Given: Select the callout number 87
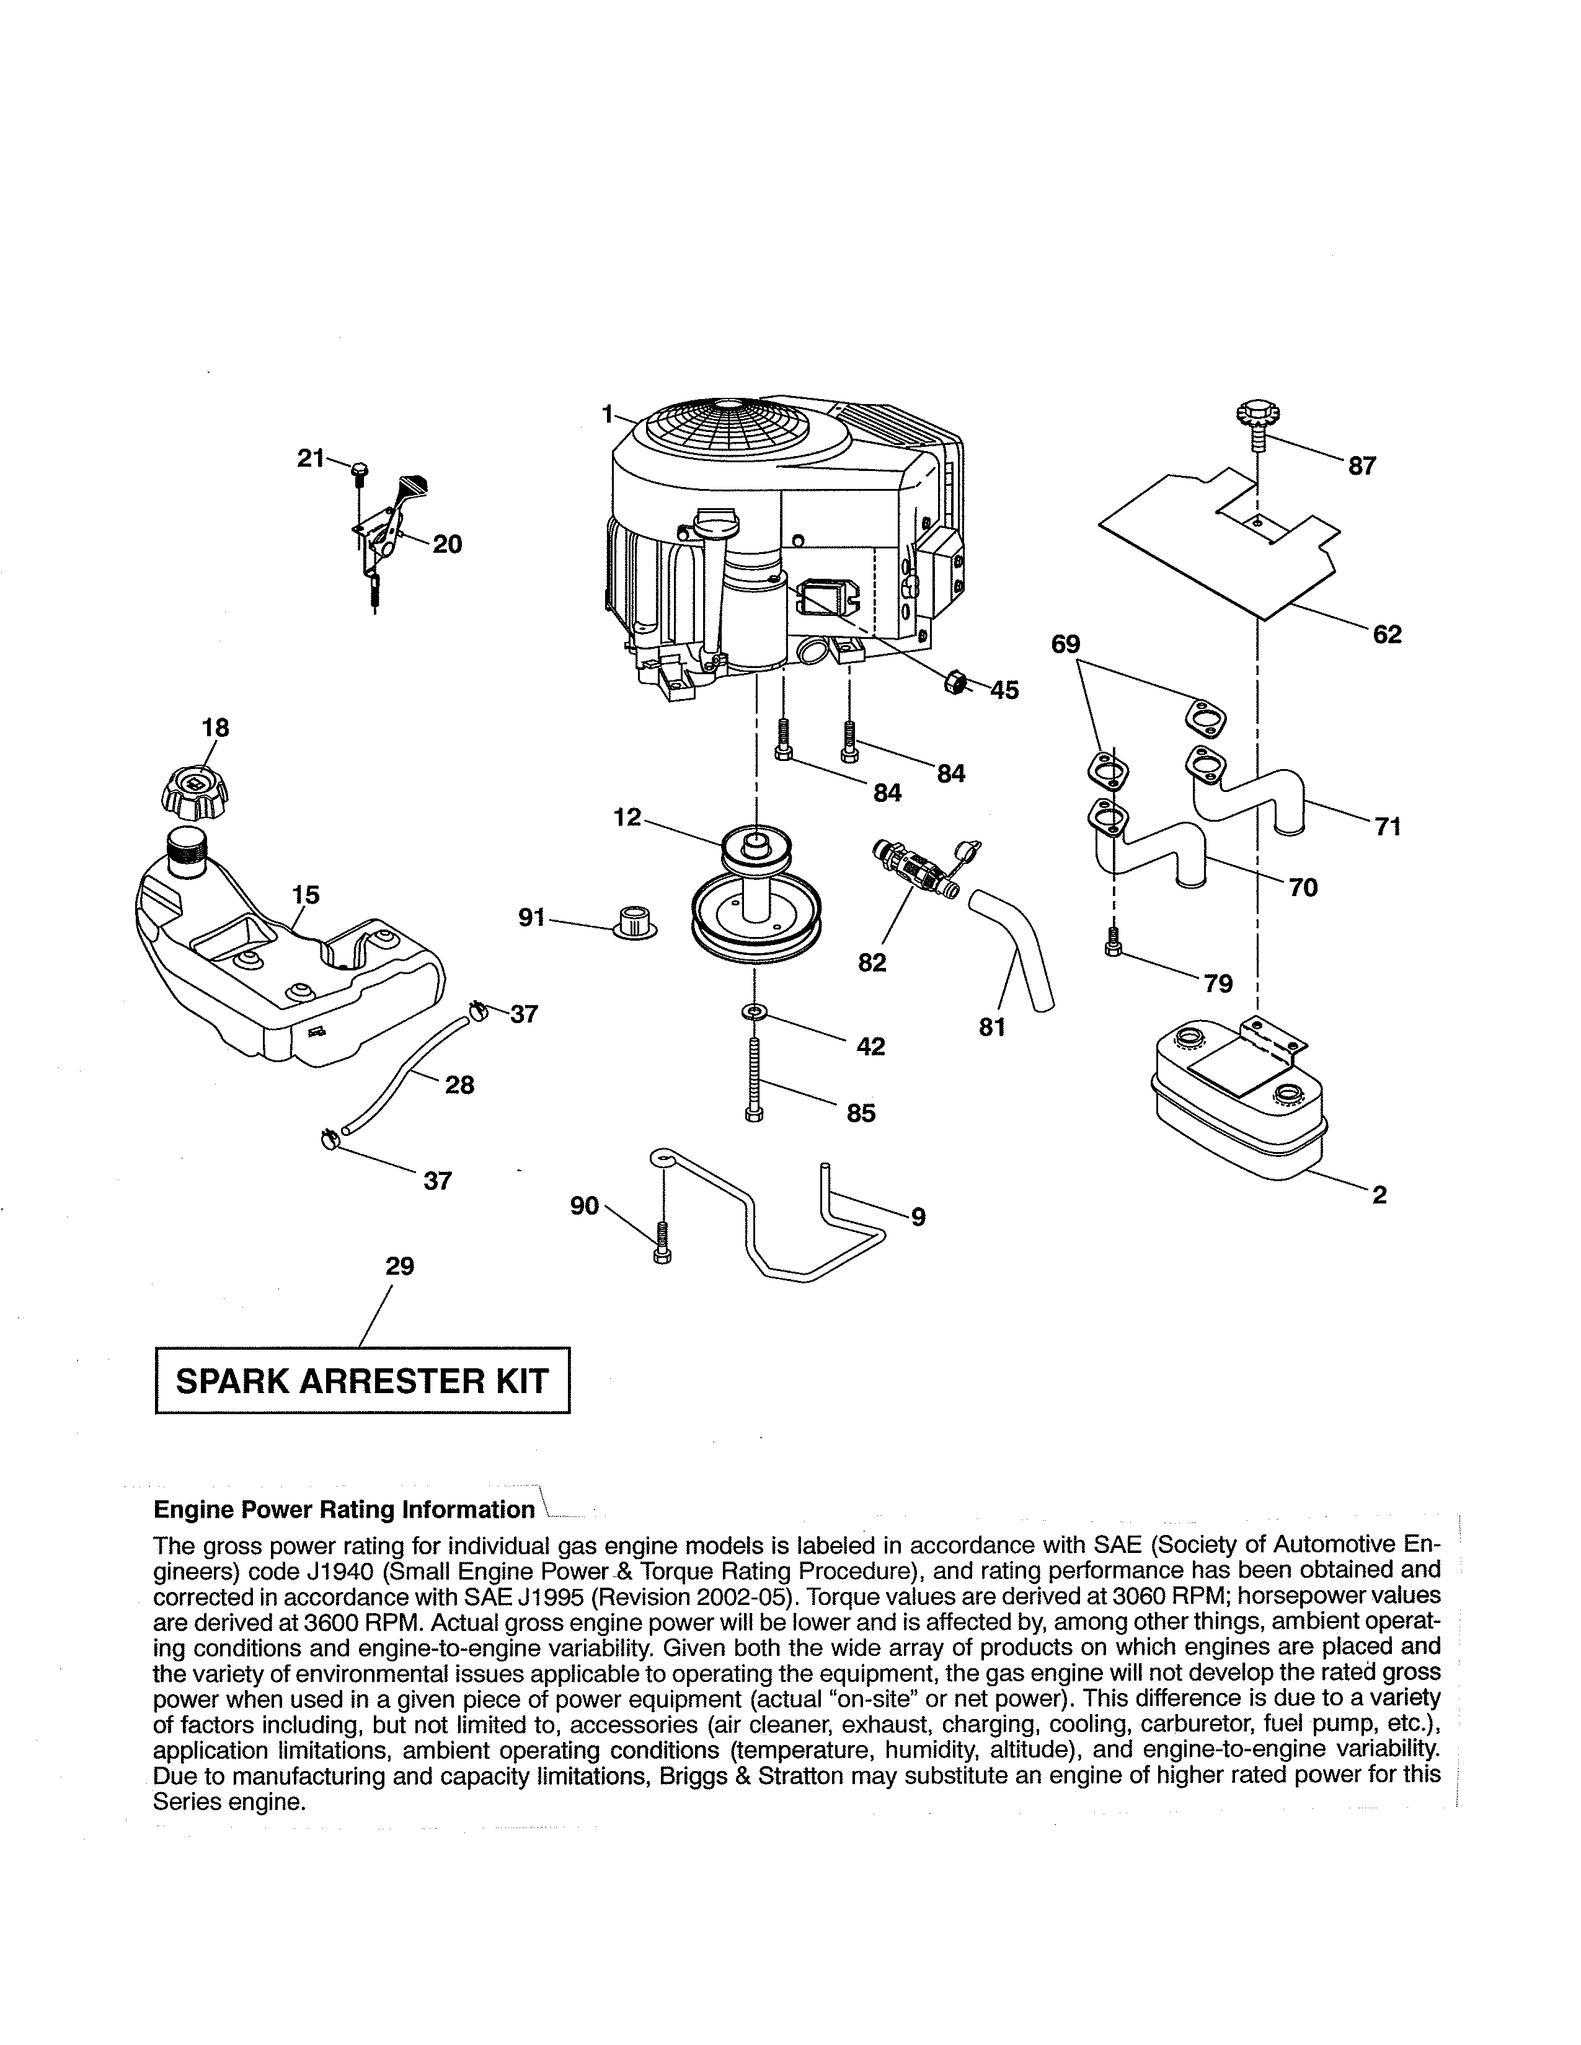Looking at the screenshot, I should click(1362, 466).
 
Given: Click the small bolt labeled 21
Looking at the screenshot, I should click(361, 472).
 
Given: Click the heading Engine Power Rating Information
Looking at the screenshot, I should click(343, 1510).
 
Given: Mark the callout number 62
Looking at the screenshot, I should click(1386, 635).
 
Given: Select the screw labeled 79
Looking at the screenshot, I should click(1112, 942).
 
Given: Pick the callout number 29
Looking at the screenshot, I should click(400, 1266).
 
